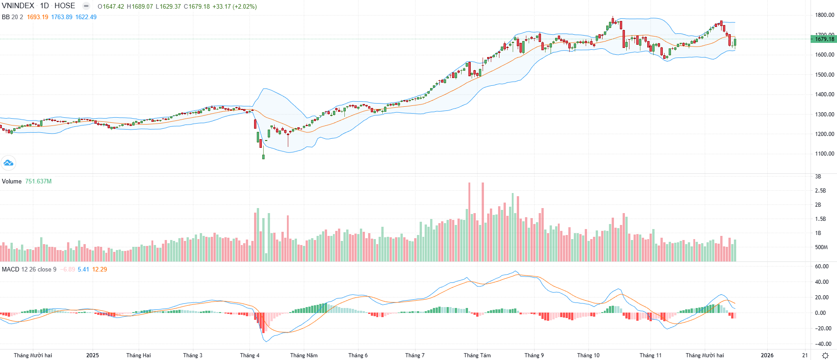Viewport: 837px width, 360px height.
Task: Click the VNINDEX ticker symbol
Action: (x=18, y=6)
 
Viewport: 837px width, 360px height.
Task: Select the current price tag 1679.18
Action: (x=824, y=39)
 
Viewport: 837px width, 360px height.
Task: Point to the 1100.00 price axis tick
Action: (x=825, y=154)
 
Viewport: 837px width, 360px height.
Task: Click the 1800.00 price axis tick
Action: (x=825, y=15)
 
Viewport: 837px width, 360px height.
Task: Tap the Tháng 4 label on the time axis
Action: (x=250, y=355)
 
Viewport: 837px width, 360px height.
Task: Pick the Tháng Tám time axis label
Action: (x=477, y=355)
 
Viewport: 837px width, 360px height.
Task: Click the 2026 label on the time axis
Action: (x=767, y=355)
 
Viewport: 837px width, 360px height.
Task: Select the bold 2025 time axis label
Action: (x=93, y=355)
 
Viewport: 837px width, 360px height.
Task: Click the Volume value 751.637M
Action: (x=38, y=182)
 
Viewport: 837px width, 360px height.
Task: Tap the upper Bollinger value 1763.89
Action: (x=62, y=17)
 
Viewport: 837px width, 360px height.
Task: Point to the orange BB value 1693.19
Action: (x=37, y=17)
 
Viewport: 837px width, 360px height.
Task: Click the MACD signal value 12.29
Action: (x=99, y=270)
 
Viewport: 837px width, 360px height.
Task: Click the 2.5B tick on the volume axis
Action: (x=820, y=191)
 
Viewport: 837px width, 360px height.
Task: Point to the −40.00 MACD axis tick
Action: (x=823, y=344)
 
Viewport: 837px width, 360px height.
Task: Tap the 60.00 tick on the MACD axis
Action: (x=822, y=266)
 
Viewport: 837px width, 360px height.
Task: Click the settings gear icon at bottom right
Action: (x=825, y=355)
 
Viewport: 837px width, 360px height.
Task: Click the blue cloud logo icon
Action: (x=8, y=163)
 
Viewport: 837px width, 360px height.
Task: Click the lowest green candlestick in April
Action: (x=263, y=157)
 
